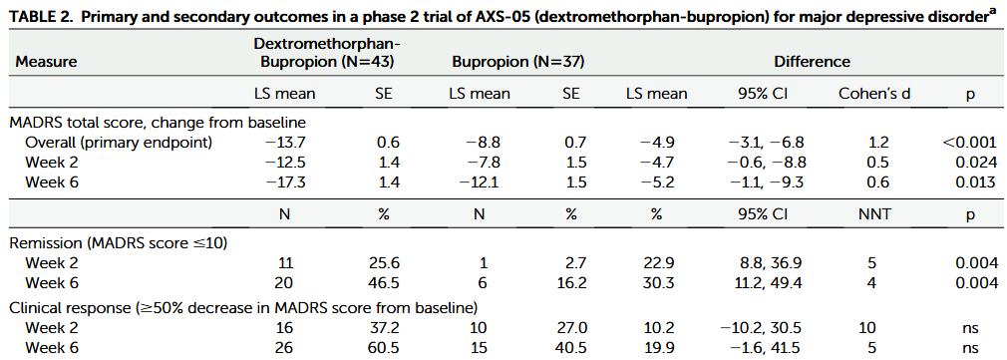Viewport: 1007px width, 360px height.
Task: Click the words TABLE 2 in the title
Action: click(39, 12)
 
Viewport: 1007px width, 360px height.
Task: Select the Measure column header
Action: click(47, 62)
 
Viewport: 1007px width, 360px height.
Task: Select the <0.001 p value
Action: click(968, 142)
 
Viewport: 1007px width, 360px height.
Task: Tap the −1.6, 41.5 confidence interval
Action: click(759, 346)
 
